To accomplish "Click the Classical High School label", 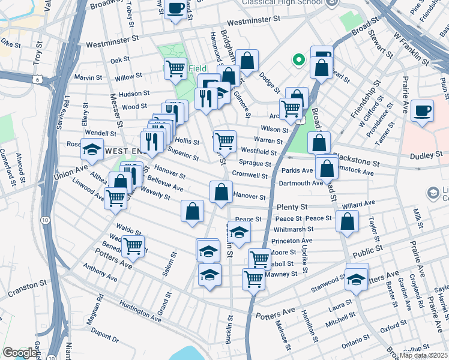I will click(282, 2).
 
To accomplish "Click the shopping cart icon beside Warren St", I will click(224, 141).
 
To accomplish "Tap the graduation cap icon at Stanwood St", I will click(357, 279).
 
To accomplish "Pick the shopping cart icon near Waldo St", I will click(133, 245).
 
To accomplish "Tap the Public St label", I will click(368, 250).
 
